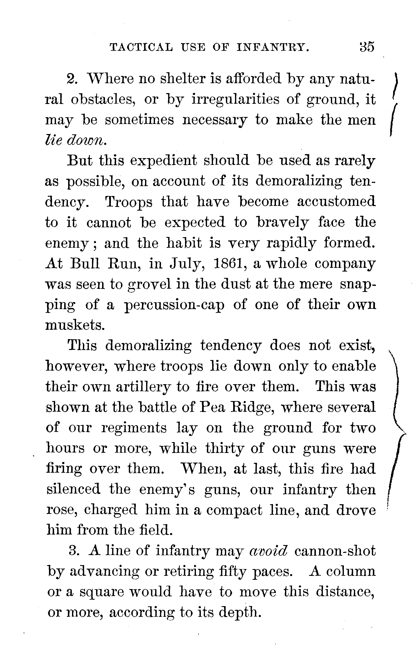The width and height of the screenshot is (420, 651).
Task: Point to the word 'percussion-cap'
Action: pos(175,305)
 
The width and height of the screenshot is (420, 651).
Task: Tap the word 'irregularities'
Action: pos(236,100)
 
